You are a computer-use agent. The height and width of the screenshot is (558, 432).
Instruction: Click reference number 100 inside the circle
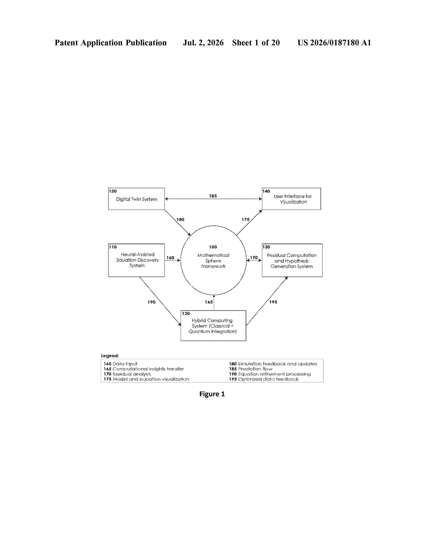point(213,247)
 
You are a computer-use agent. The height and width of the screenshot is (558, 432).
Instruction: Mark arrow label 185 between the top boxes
point(213,196)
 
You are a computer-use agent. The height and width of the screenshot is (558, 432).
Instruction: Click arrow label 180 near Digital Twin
point(180,219)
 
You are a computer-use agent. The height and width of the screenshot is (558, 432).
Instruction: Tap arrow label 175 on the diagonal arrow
point(245,219)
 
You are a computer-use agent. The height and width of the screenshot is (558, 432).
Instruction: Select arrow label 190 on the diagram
point(151,302)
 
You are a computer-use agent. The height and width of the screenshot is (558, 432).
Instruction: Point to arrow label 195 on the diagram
point(273,302)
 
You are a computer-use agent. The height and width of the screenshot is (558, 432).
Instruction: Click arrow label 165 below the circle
point(209,302)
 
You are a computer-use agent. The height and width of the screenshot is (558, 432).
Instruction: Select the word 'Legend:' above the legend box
point(110,356)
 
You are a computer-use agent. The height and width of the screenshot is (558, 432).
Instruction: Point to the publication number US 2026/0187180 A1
point(334,43)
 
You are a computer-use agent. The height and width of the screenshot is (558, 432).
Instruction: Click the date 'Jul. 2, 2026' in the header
point(203,43)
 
